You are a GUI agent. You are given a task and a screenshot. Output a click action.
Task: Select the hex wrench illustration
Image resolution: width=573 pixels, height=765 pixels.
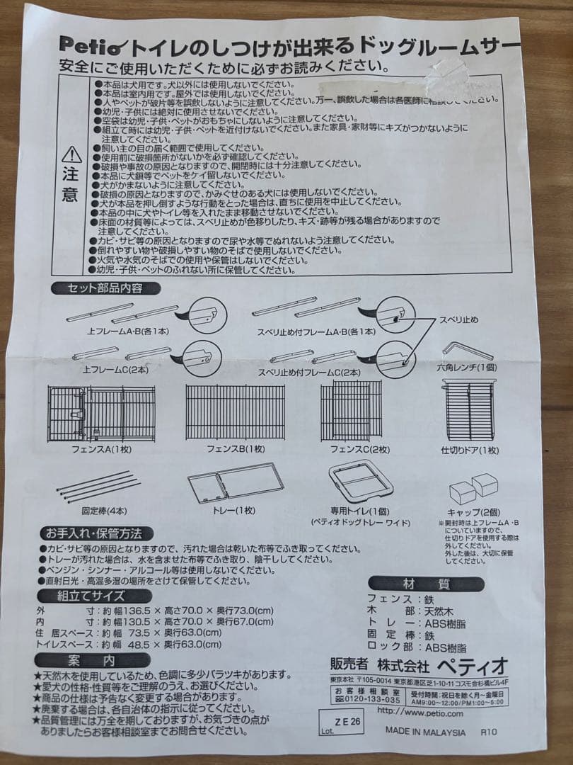tap(468, 351)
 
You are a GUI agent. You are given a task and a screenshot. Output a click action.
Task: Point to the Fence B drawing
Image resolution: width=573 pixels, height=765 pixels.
tap(235, 412)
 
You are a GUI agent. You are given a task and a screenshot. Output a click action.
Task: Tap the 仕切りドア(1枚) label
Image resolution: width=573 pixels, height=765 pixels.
tap(470, 450)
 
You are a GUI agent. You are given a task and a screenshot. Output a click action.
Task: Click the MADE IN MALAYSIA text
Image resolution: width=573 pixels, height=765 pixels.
tap(425, 732)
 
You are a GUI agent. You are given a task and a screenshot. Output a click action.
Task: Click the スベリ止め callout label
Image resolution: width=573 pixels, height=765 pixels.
tap(463, 321)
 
